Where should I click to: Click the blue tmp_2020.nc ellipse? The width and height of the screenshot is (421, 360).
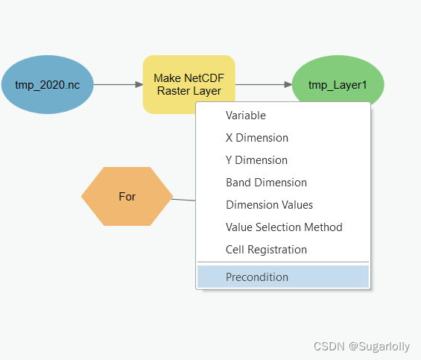tap(48, 85)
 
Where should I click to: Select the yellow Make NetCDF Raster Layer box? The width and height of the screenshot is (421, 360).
tap(189, 80)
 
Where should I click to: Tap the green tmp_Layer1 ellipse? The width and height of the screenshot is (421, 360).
tap(338, 80)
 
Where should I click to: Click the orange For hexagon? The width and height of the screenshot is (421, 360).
tap(127, 196)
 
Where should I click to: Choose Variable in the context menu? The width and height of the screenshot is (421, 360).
tap(246, 116)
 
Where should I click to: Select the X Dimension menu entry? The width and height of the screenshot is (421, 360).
tap(257, 138)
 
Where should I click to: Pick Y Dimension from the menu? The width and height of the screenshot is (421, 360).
tap(256, 160)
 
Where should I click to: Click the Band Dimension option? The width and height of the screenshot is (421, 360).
tap(266, 183)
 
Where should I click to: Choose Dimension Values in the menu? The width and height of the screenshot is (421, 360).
tap(269, 205)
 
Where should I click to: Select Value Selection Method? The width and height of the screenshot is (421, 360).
tap(284, 227)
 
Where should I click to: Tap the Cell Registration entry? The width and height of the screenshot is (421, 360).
tap(266, 250)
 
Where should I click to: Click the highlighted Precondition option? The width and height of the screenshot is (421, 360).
tap(283, 277)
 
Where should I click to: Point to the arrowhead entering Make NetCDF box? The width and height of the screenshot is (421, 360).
tap(139, 85)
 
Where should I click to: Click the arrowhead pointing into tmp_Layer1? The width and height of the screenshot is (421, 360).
tap(288, 85)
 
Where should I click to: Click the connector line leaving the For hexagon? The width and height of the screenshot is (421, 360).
tap(183, 200)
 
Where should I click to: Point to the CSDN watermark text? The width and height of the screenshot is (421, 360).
tap(329, 347)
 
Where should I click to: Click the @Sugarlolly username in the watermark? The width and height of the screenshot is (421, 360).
tap(379, 347)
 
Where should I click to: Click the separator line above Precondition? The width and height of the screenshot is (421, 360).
tap(283, 262)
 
